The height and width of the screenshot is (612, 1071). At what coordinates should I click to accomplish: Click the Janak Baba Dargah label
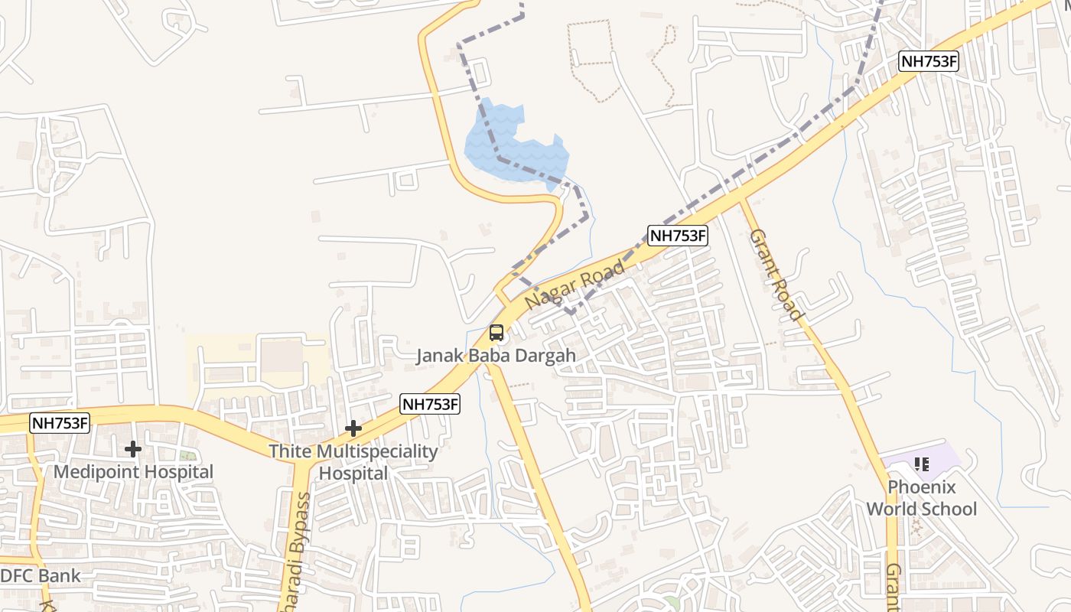tap(496, 356)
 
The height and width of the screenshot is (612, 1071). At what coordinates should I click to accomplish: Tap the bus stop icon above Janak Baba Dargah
tap(496, 333)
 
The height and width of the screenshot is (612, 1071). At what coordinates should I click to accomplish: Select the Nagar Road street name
tap(575, 284)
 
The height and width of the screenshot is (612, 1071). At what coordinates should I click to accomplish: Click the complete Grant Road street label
tap(775, 274)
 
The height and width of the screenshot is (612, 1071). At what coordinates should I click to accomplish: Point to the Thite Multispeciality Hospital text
tap(353, 462)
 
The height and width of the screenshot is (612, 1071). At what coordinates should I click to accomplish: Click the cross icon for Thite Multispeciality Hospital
tap(353, 428)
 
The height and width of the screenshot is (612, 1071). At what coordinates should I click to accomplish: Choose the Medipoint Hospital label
tap(133, 471)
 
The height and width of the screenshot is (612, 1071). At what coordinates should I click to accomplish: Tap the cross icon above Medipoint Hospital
tap(133, 449)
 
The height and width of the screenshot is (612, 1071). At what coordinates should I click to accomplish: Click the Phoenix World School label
tap(921, 498)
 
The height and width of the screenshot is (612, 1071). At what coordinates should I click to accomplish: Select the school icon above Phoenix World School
tap(922, 464)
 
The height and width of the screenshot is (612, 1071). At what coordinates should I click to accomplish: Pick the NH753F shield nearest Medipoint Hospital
tap(60, 423)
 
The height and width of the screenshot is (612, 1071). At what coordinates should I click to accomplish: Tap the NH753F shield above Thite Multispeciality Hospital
tap(430, 404)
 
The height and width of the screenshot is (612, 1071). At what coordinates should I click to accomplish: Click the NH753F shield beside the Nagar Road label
tap(678, 236)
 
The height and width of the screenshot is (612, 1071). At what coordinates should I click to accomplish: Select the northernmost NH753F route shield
tap(928, 62)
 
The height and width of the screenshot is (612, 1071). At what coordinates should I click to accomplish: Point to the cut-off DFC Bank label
tap(40, 576)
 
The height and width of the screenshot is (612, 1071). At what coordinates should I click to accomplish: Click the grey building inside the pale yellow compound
tap(282, 356)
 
